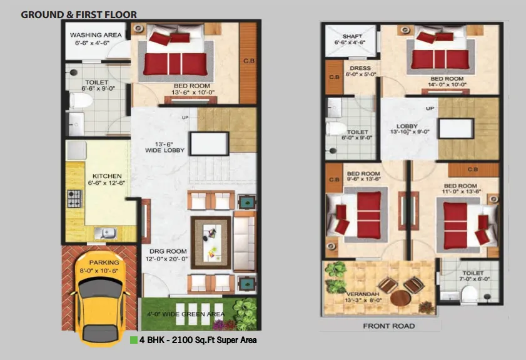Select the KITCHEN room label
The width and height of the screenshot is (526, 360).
pos(107,176)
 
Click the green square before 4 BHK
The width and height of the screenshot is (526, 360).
pos(133,341)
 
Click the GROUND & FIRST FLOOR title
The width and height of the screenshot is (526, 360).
pos(79,14)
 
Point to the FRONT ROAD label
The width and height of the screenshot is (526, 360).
pos(388,326)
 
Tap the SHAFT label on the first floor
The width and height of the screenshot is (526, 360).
pos(350,36)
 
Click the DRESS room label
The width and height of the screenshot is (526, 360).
pos(360,68)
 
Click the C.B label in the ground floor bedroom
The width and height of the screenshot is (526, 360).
pos(248,61)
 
